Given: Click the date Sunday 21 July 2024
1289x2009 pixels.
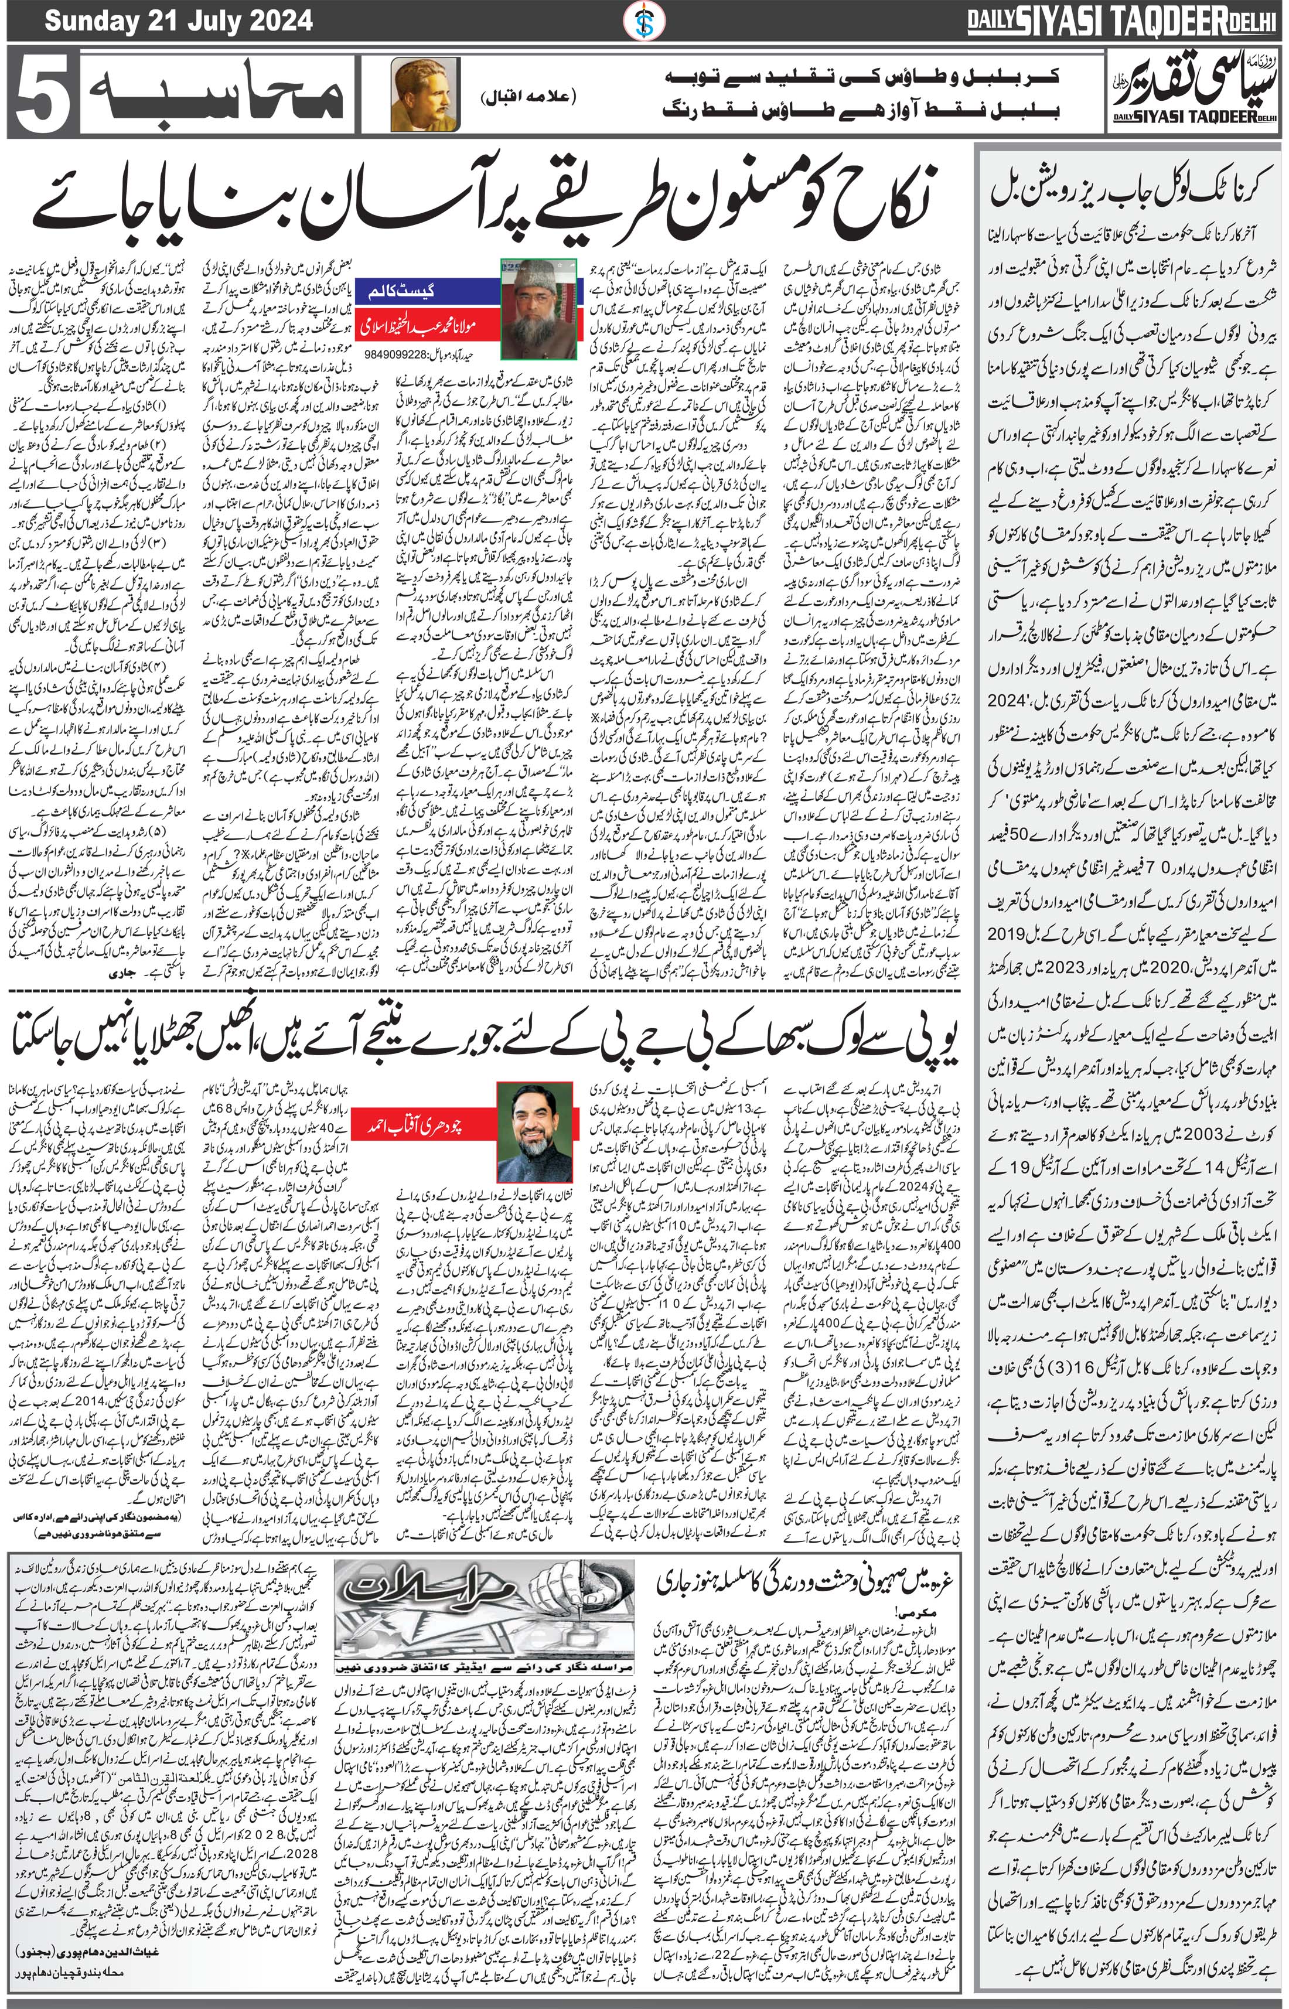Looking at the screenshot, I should [x=178, y=20].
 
